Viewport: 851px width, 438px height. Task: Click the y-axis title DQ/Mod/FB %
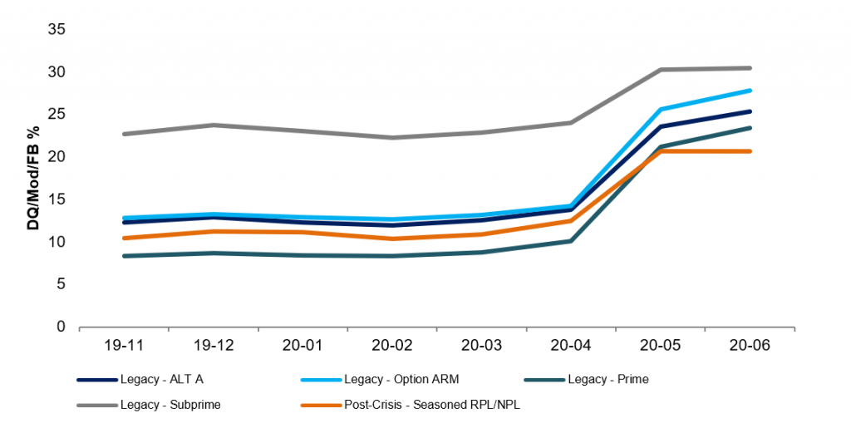coord(34,178)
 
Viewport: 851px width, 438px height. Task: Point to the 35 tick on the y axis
coord(58,30)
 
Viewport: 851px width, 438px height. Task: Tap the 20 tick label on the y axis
coord(58,157)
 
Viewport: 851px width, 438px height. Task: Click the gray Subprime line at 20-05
coord(661,70)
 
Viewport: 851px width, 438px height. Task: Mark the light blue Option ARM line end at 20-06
coord(750,90)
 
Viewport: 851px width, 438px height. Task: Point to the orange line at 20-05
coord(661,151)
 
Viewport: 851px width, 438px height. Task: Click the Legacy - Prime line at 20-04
coord(571,241)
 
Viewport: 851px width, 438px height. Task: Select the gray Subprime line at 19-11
coord(124,134)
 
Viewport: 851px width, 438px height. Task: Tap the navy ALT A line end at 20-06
coord(750,111)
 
